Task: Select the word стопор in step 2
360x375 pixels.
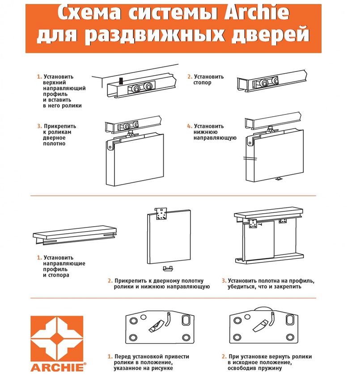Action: pos(202,83)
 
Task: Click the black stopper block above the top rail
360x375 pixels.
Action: pos(121,80)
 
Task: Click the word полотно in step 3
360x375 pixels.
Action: pos(54,143)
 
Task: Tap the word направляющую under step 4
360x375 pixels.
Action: pos(215,138)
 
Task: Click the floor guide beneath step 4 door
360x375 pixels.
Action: pos(279,179)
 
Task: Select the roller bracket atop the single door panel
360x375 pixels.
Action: pos(161,214)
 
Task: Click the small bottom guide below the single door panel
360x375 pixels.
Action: pos(168,268)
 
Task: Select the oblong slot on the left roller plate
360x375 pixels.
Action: pos(186,320)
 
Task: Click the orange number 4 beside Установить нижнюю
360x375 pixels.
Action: pos(189,126)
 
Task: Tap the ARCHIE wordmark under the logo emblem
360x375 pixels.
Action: pos(57,367)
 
